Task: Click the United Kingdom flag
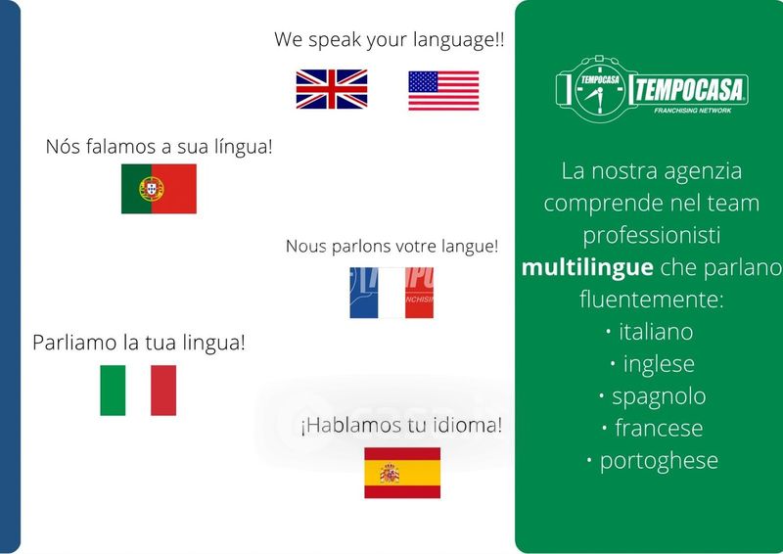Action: [x=332, y=89]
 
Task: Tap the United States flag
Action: [x=443, y=90]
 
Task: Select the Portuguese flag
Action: [x=159, y=189]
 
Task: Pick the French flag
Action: [x=391, y=293]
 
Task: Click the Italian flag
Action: [x=138, y=391]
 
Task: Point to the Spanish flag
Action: [x=402, y=473]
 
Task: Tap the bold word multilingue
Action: [x=587, y=267]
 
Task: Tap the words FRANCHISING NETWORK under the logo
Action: [x=693, y=111]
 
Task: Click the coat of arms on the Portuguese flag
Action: [x=152, y=189]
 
